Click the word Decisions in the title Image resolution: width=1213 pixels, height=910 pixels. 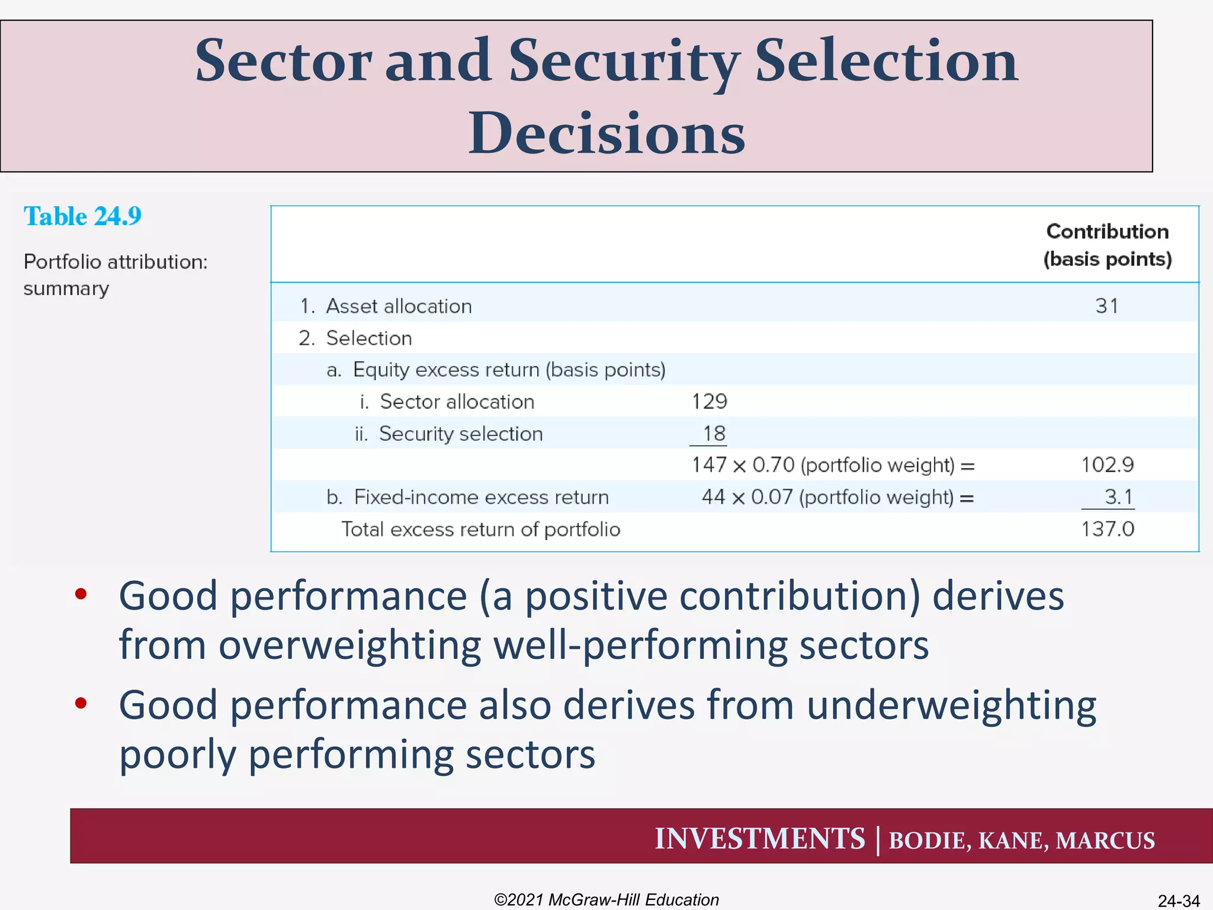tap(606, 133)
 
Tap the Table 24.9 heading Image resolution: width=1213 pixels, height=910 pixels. tap(82, 216)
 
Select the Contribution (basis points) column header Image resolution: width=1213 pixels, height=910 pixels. tap(1107, 245)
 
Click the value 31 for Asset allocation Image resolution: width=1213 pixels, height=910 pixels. tap(1106, 306)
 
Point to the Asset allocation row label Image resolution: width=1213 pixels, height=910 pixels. tap(398, 306)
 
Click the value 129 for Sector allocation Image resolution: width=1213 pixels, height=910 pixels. tap(709, 402)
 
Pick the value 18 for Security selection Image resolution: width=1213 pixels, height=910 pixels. tap(714, 434)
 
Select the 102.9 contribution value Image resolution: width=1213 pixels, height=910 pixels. tap(1107, 465)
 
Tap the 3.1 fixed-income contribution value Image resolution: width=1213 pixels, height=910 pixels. tap(1118, 496)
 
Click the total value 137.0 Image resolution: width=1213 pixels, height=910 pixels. tap(1107, 529)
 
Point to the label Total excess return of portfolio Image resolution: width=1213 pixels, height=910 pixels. tap(480, 529)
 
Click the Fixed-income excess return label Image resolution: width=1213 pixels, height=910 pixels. tap(481, 497)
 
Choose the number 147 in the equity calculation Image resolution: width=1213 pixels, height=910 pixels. tap(709, 465)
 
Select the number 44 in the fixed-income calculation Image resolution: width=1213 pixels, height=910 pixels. tap(713, 497)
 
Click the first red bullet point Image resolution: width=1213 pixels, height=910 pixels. tap(81, 594)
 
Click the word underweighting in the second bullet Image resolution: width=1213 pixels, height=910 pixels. tap(951, 705)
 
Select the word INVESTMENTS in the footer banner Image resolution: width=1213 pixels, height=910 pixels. tap(760, 839)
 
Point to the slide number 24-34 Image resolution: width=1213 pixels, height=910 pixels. tap(1178, 901)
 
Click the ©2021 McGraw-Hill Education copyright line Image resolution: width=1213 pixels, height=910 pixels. tap(606, 899)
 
